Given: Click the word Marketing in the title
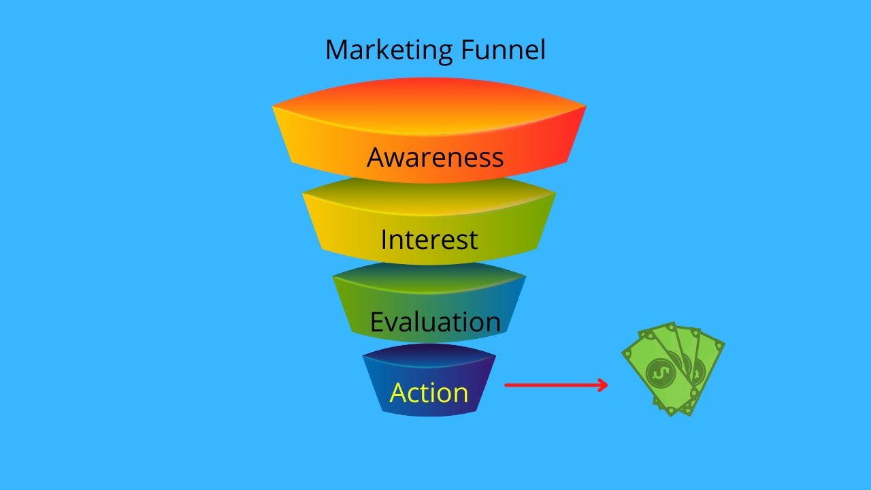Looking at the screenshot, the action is pos(389,50).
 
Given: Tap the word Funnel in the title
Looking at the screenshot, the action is pos(503,50).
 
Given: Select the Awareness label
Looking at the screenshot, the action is pos(435,157).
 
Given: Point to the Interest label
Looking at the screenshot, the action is pos(429,240).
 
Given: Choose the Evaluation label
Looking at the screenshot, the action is pos(435,322).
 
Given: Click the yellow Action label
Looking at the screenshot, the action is pos(429,393).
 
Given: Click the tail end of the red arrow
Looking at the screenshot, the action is pos(506,385).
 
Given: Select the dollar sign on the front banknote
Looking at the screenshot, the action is pos(661,374).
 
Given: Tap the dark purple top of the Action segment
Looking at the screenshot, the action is pos(429,355).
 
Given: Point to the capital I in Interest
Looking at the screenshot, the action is pos(384,240).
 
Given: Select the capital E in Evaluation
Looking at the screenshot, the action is pos(377,322).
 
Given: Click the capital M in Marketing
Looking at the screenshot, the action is pos(337,50).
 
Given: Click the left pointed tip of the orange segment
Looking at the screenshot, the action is pos(273,105).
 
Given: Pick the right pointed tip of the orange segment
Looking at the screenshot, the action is pos(586,105).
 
